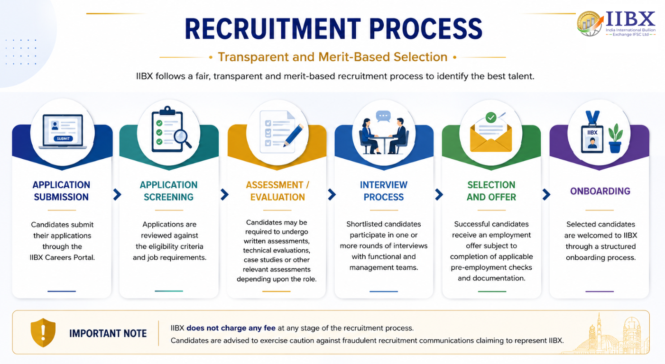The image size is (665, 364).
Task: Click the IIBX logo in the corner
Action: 616,24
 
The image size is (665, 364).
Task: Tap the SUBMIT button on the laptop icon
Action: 63,138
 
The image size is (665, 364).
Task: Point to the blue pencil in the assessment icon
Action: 293,135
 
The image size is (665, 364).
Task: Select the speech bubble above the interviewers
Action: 383,116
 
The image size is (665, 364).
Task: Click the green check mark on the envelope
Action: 491,118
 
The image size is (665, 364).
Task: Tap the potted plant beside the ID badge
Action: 615,138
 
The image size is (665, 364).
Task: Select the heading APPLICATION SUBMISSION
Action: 61,191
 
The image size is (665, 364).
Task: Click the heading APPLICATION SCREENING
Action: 169,191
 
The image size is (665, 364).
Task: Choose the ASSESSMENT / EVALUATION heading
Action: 277,191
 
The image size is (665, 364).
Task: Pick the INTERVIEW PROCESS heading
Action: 384,191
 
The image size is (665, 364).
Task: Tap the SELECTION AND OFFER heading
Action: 491,191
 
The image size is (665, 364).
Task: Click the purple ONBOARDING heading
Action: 600,191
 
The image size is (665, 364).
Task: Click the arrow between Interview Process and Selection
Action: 439,195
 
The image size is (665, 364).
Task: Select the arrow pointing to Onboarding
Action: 546,195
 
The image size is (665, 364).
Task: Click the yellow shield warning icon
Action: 43,333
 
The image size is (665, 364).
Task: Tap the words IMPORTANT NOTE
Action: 108,334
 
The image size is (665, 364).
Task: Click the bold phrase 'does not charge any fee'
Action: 231,328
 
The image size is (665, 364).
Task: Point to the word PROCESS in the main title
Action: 426,29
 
